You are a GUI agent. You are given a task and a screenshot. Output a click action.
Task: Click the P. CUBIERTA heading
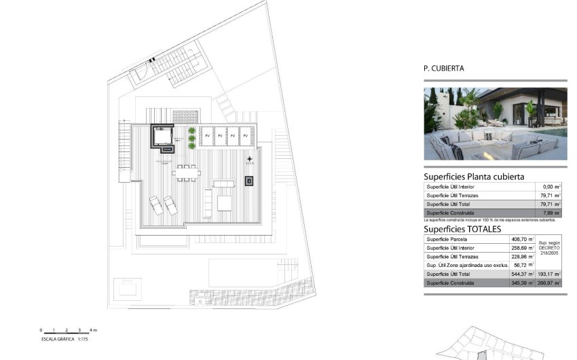[x=444, y=68]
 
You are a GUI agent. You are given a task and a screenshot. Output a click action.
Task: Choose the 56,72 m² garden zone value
[x=523, y=265]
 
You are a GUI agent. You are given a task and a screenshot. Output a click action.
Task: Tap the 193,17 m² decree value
[x=549, y=274]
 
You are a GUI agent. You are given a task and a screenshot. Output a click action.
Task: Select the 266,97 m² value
[x=549, y=283]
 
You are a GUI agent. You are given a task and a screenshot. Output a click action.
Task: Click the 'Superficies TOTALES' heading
[x=462, y=230]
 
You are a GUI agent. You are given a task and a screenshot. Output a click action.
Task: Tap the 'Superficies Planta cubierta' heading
[x=474, y=177]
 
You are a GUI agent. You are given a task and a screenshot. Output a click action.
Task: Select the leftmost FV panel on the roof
[x=207, y=136]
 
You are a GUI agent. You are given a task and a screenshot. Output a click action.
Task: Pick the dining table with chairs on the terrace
[x=186, y=173]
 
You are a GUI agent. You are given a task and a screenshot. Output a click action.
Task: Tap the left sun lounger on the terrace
[x=156, y=205]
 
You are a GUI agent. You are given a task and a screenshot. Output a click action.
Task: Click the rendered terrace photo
[x=495, y=124]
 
